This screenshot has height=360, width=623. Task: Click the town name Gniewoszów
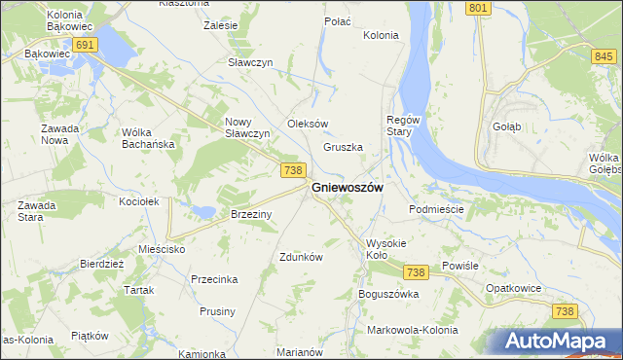(347, 187)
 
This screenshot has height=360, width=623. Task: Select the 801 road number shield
(477, 8)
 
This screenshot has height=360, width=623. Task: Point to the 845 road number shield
(602, 57)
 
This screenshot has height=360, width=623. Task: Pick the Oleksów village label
(308, 124)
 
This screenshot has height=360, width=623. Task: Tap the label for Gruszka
(343, 148)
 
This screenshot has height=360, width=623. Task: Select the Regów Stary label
(403, 126)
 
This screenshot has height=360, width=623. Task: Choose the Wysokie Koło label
(389, 249)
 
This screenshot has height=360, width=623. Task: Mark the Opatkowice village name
(512, 289)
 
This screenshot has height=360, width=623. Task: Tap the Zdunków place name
(301, 258)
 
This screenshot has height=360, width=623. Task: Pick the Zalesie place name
(221, 25)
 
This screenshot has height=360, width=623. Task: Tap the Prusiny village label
(217, 311)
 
